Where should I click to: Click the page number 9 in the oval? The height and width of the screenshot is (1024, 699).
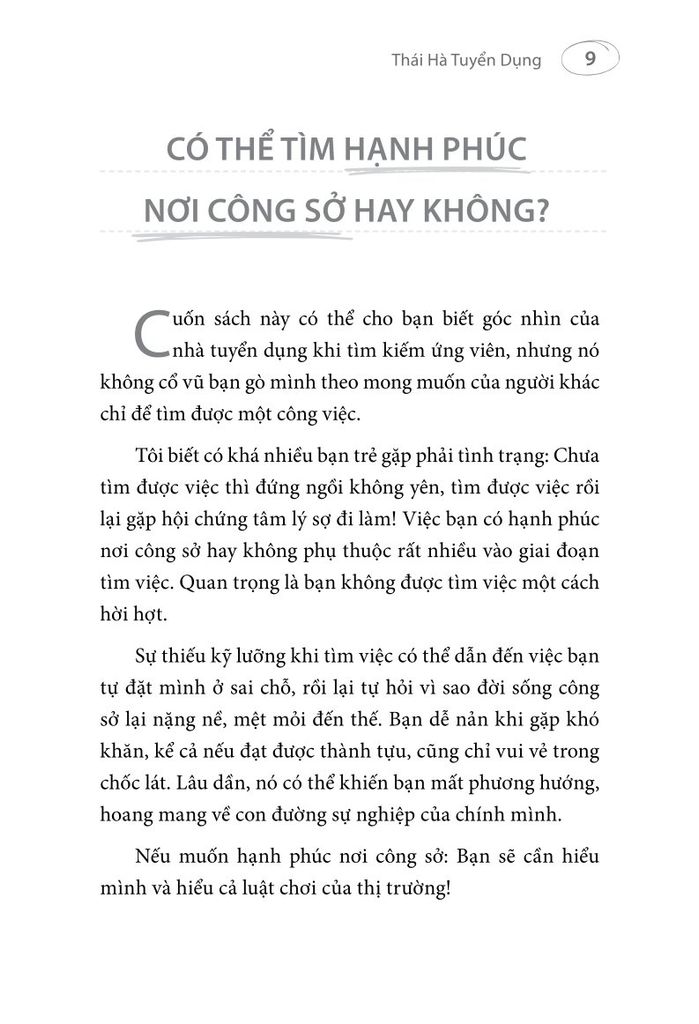pyautogui.click(x=590, y=60)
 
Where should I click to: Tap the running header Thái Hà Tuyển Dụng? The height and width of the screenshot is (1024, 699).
pyautogui.click(x=465, y=61)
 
